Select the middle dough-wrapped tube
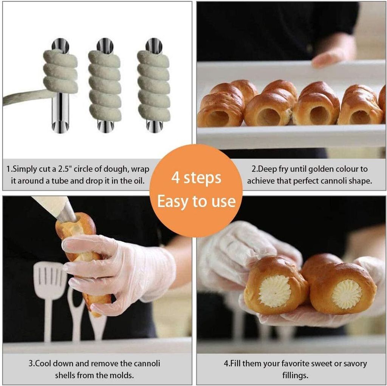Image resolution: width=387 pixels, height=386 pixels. pos(105,85)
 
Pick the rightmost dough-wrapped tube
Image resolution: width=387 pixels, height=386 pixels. pos(153,85)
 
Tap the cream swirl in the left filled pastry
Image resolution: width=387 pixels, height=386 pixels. pos(275,291)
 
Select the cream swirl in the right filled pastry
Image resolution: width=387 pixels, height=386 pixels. pos(346,294)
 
